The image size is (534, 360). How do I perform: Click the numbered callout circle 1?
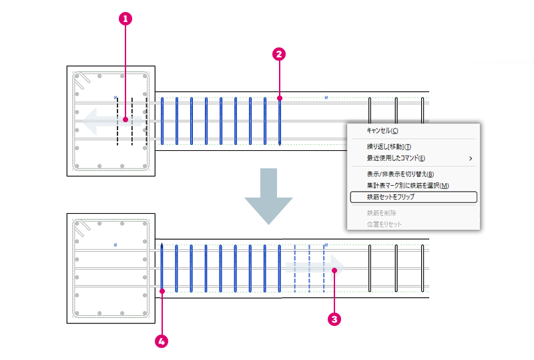(x=125, y=19)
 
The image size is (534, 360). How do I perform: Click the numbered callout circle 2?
(x=279, y=54)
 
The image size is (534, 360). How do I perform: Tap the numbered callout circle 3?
(x=334, y=319)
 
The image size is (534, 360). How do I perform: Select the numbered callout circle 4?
(x=162, y=341)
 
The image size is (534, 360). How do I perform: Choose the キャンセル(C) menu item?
(x=382, y=130)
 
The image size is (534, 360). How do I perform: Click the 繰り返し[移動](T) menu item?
(x=388, y=147)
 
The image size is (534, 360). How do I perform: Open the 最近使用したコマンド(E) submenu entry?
(x=396, y=158)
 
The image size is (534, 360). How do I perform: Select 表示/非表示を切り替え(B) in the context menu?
(x=400, y=174)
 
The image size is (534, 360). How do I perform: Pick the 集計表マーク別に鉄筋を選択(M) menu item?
(x=408, y=186)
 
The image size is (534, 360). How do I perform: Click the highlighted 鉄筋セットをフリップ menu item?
(x=413, y=197)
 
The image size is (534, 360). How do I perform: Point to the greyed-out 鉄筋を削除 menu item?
(x=381, y=213)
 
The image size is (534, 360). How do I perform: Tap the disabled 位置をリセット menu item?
(x=384, y=224)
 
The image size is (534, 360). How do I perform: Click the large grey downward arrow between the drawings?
(x=268, y=196)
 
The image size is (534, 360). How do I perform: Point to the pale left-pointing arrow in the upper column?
(x=111, y=121)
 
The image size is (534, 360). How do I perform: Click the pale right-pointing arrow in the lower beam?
(x=315, y=268)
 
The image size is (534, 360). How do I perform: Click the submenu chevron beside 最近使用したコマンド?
(x=471, y=158)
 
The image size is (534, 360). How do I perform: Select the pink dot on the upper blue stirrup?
(x=280, y=98)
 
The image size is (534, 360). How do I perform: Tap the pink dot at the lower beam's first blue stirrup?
(x=162, y=291)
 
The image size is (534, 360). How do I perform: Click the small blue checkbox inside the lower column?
(x=115, y=244)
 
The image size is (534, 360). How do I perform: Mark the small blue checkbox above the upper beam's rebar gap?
(x=326, y=98)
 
